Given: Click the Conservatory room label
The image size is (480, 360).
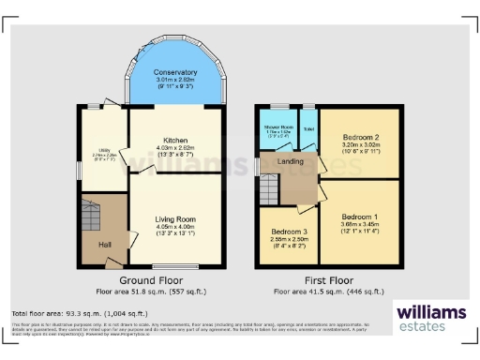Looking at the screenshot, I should [x=175, y=72].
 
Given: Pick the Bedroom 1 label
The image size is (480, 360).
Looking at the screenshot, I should [x=361, y=216].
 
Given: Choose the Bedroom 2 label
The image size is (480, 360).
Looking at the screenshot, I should [x=361, y=138].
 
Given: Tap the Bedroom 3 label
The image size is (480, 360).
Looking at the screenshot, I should [x=289, y=231].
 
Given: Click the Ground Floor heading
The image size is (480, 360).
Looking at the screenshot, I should [x=149, y=280].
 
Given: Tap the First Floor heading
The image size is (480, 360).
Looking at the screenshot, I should [x=327, y=280].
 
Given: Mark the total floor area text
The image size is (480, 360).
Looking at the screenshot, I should [x=74, y=312].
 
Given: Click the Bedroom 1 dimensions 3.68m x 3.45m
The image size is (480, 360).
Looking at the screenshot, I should [x=361, y=224].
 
